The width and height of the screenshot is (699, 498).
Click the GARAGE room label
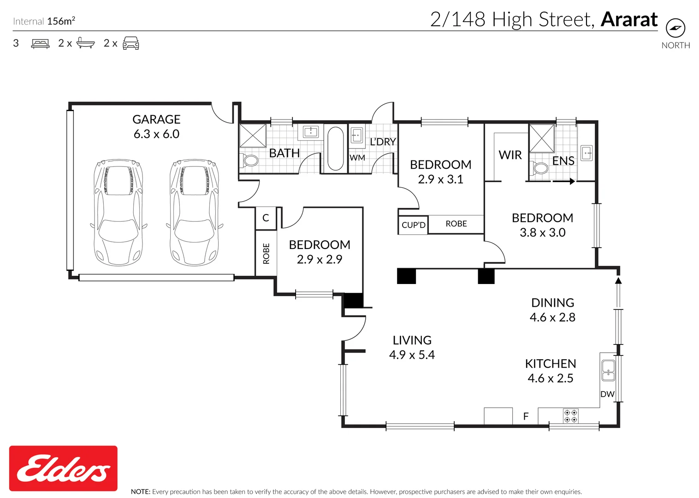click(x=156, y=119)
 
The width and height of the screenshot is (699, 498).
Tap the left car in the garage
click(x=118, y=213)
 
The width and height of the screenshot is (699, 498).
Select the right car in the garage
click(x=195, y=213)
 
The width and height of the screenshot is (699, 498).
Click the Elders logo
click(x=63, y=468)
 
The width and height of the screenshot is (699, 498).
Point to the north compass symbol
click(x=675, y=28)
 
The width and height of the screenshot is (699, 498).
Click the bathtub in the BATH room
click(x=336, y=148)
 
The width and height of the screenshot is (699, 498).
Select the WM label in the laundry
click(x=357, y=158)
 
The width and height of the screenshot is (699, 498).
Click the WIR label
click(x=510, y=155)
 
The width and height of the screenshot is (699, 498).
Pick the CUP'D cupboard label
click(x=414, y=225)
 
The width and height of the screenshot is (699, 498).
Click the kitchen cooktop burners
click(x=571, y=416)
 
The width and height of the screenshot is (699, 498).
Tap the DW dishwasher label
click(x=607, y=394)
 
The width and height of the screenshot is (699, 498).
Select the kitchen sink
click(x=608, y=371)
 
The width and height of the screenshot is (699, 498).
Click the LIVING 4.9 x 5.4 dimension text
click(x=412, y=355)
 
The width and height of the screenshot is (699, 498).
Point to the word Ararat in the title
click(x=629, y=19)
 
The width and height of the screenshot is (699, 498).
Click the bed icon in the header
click(x=40, y=43)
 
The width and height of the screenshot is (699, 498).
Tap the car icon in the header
click(x=131, y=43)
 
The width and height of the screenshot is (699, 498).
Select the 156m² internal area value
click(x=61, y=21)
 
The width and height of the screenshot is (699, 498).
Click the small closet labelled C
click(x=266, y=219)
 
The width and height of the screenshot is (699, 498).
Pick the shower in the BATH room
click(x=253, y=136)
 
